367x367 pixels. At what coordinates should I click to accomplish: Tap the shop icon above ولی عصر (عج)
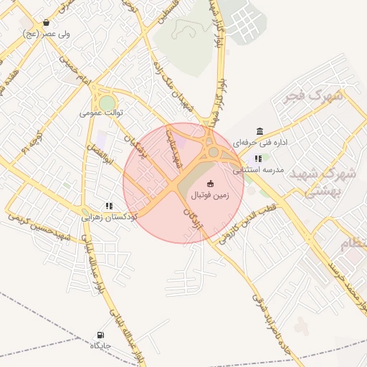pyautogui.click(x=47, y=23)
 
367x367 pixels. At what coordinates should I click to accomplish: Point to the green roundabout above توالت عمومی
pyautogui.click(x=107, y=103)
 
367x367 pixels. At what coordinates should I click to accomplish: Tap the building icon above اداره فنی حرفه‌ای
pyautogui.click(x=259, y=131)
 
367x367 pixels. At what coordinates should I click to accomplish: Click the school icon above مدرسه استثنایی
pyautogui.click(x=258, y=158)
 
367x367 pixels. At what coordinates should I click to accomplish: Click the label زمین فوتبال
pyautogui.click(x=210, y=195)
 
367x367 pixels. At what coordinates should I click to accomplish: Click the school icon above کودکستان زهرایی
pyautogui.click(x=109, y=205)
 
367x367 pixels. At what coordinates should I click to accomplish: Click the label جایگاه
pyautogui.click(x=100, y=345)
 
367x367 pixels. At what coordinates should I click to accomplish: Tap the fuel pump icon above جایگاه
pyautogui.click(x=100, y=335)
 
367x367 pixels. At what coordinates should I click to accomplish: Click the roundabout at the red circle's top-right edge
pyautogui.click(x=214, y=152)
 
